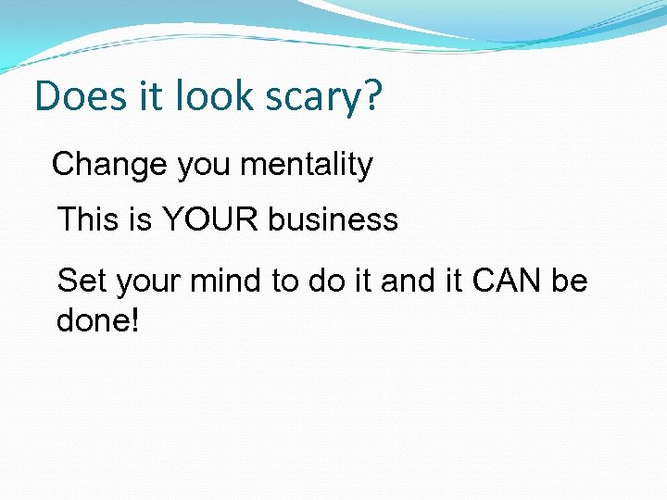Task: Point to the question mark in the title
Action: click(x=371, y=97)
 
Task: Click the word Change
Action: click(x=110, y=166)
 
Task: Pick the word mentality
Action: click(x=306, y=166)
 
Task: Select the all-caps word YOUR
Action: click(x=211, y=219)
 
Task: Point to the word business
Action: click(x=333, y=219)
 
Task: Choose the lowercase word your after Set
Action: click(x=147, y=281)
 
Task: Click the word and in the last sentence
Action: click(x=407, y=280)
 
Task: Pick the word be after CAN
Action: click(x=570, y=280)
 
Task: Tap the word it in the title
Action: click(x=149, y=97)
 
